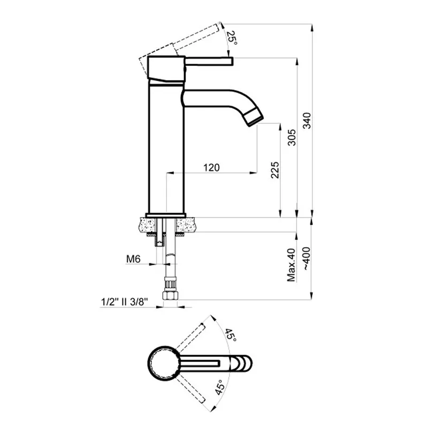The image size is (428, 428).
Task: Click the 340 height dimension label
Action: [307, 120]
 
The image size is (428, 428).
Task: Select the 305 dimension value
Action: [292, 137]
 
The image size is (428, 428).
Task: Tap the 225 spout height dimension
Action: [275, 170]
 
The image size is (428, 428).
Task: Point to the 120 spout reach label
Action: [211, 167]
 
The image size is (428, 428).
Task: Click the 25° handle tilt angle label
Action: [232, 37]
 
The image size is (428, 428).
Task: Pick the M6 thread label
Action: [133, 259]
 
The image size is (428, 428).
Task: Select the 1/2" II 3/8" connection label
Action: [125, 302]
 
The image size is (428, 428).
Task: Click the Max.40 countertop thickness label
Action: [291, 265]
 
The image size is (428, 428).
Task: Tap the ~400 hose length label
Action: [307, 259]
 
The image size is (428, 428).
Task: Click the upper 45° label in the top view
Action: [230, 335]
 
